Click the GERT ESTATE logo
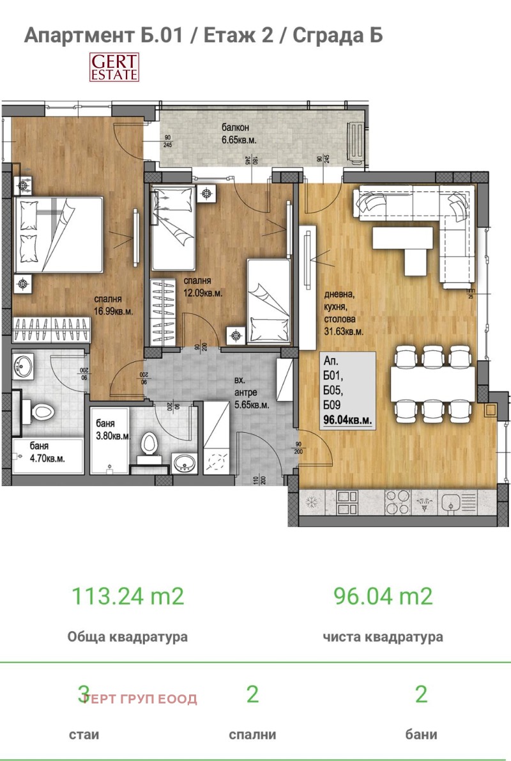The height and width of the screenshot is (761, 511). pyautogui.click(x=114, y=68)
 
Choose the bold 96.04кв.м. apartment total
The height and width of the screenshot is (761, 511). pyautogui.click(x=349, y=421)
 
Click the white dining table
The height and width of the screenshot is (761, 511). pyautogui.click(x=433, y=383)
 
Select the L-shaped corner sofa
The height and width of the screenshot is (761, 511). pyautogui.click(x=422, y=217)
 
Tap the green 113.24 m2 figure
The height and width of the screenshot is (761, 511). pyautogui.click(x=127, y=596)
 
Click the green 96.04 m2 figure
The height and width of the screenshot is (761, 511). pyautogui.click(x=383, y=596)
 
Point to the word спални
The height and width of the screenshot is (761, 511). pyautogui.click(x=252, y=735)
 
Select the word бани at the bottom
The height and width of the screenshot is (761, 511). pyautogui.click(x=420, y=735)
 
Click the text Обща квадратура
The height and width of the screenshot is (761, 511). pyautogui.click(x=127, y=637)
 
